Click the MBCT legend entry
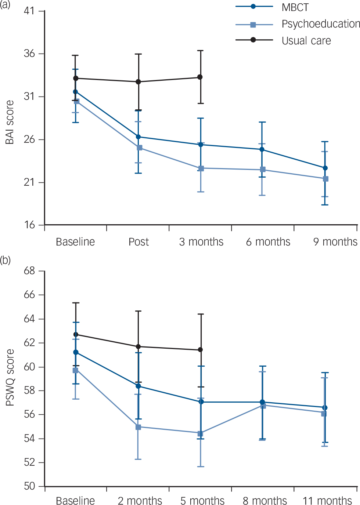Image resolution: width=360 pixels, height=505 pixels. (x=295, y=7)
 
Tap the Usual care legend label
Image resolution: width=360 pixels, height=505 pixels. (x=306, y=41)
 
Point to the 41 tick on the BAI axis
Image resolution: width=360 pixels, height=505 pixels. (x=29, y=11)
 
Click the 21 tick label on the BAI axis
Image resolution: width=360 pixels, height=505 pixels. (x=29, y=182)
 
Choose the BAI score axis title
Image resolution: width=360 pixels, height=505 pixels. (x=10, y=122)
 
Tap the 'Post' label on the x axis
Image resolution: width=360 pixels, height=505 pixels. (x=138, y=242)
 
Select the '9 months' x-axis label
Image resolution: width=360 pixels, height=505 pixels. (x=335, y=242)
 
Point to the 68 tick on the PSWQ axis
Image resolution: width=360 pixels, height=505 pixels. (x=29, y=271)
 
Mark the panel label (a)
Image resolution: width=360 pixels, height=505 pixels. (x=5, y=5)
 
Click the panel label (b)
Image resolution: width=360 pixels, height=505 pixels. (x=5, y=261)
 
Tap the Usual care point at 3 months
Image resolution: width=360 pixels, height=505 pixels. (x=200, y=77)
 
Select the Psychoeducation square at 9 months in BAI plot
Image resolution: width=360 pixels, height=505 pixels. (x=325, y=179)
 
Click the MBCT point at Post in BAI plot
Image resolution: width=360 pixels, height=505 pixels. (x=138, y=137)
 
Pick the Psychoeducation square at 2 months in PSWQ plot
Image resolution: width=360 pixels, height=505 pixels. (x=138, y=427)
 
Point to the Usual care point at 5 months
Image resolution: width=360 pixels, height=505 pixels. (x=200, y=350)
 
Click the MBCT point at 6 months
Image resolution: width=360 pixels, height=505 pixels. (x=262, y=149)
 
